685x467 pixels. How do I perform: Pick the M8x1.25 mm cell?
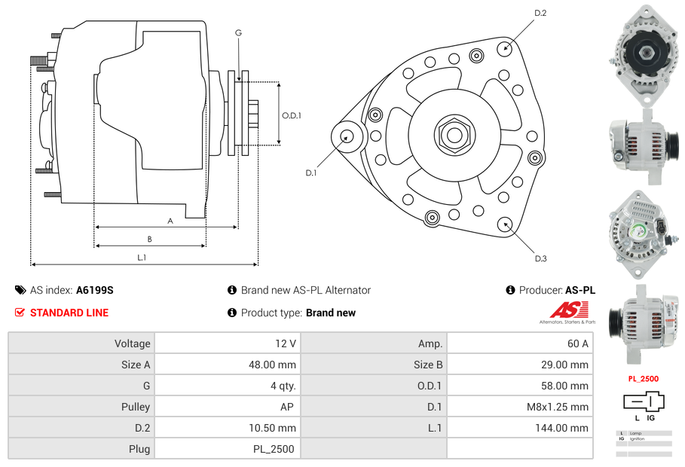558,407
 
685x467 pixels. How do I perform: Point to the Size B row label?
423,365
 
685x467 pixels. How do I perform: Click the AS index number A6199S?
95,290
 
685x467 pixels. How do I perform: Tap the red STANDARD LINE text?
69,313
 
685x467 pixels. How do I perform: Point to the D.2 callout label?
540,13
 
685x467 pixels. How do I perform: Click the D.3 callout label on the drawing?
540,258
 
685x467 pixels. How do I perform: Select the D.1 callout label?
310,172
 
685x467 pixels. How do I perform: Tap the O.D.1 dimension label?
292,115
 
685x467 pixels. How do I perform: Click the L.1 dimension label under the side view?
142,258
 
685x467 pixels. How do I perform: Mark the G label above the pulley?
238,32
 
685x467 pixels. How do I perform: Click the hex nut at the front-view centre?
454,136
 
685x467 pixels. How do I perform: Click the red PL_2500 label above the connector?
643,379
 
